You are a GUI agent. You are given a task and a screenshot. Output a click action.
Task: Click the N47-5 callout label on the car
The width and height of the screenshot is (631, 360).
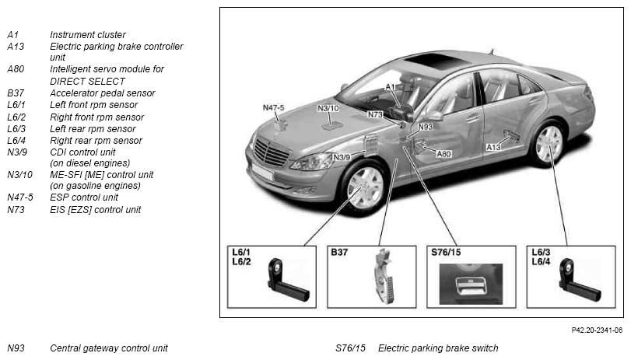[x=273, y=108]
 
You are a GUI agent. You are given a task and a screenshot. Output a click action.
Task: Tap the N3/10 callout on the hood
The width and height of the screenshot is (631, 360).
[x=328, y=108]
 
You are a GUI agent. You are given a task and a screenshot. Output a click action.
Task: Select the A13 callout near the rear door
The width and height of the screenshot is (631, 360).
[x=493, y=147]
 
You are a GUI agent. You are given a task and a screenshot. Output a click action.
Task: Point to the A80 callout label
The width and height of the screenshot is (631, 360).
[x=443, y=154]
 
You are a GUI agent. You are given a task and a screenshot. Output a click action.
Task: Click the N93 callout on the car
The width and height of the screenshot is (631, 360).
[x=426, y=127]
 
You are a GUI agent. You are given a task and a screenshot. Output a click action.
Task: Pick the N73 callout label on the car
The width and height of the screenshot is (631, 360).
[x=375, y=114]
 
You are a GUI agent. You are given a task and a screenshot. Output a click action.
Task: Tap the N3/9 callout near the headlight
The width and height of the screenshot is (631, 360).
[x=342, y=157]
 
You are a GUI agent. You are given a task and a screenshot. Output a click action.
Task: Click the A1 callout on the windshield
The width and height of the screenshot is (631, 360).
[x=391, y=87]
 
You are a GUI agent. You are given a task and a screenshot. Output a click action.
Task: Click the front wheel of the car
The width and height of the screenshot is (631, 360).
[x=365, y=187]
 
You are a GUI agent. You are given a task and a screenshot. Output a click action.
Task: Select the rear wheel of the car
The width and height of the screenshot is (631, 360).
[x=549, y=144]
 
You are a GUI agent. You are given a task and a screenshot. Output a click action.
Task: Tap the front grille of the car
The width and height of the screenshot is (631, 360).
[x=271, y=152]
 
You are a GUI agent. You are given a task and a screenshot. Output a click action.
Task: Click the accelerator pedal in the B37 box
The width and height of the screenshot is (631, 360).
[x=384, y=276]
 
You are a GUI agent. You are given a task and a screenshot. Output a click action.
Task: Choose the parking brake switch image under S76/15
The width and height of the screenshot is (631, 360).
[x=471, y=284]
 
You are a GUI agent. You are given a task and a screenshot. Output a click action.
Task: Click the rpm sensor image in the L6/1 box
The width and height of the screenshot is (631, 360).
[x=287, y=281]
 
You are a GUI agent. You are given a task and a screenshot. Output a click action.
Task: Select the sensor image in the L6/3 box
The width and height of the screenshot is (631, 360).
[x=579, y=281]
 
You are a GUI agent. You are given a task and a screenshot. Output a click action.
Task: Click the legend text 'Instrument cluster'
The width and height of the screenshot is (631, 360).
[x=88, y=34]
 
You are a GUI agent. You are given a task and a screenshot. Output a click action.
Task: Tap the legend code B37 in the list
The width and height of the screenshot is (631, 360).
[x=16, y=93]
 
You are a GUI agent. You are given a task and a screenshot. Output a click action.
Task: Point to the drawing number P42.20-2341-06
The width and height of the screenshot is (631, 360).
[x=597, y=330]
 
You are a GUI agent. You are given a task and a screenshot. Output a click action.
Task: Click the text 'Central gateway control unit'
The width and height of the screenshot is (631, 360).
[x=109, y=348]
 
